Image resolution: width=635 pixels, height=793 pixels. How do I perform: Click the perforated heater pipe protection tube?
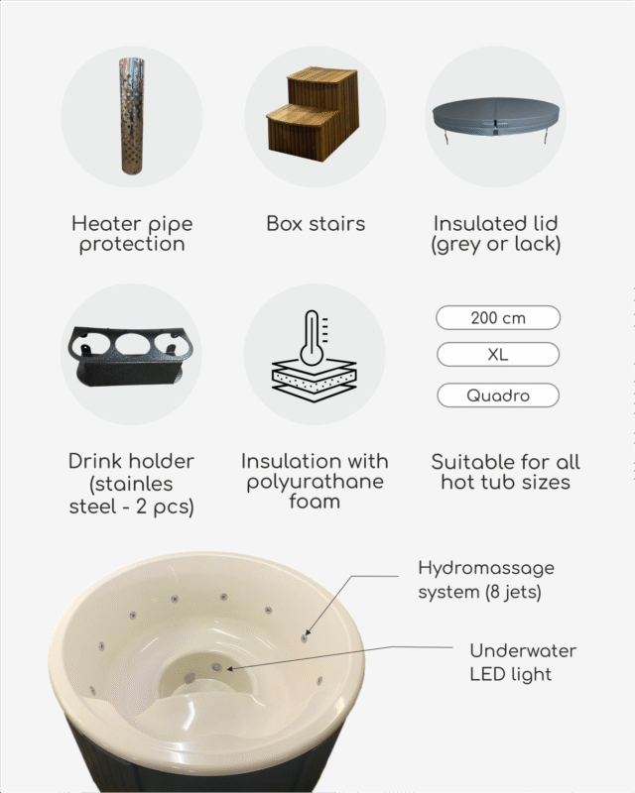132,116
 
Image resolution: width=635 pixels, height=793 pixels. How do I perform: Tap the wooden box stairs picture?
313,113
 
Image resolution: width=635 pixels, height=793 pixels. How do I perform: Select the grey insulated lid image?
496,119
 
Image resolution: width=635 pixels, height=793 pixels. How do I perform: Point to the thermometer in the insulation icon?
313,338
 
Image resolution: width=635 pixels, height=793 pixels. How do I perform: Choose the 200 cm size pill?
498,317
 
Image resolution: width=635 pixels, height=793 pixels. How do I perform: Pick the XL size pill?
498,354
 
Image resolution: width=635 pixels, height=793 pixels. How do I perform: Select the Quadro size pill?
498,395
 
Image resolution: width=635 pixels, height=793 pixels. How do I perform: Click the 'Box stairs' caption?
316,224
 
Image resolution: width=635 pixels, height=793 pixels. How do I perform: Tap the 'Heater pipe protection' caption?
132,234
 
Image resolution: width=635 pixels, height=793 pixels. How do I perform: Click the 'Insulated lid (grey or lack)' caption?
496,234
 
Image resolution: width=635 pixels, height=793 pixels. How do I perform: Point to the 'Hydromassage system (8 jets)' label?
485,580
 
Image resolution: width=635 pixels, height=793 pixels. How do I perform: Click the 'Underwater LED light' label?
523,662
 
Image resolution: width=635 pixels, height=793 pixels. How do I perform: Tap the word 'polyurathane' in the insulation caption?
315,482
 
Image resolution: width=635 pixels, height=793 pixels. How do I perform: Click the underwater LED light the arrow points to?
217,667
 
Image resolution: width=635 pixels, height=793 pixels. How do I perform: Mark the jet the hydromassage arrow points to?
304,638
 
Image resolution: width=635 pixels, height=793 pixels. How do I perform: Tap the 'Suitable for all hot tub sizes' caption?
505,472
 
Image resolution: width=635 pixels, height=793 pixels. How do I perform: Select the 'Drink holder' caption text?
131,461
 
